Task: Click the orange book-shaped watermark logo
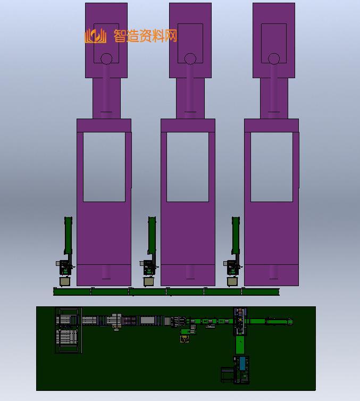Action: tap(95, 36)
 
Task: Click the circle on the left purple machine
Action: tap(106, 59)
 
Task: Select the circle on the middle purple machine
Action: tap(190, 59)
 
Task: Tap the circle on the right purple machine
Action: tap(274, 59)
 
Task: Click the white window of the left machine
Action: tap(104, 167)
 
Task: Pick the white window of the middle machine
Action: tap(188, 167)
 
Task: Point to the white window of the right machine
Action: tap(272, 167)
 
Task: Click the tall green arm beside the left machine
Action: tap(68, 235)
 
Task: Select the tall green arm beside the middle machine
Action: tap(152, 235)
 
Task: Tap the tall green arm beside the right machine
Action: tap(236, 235)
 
